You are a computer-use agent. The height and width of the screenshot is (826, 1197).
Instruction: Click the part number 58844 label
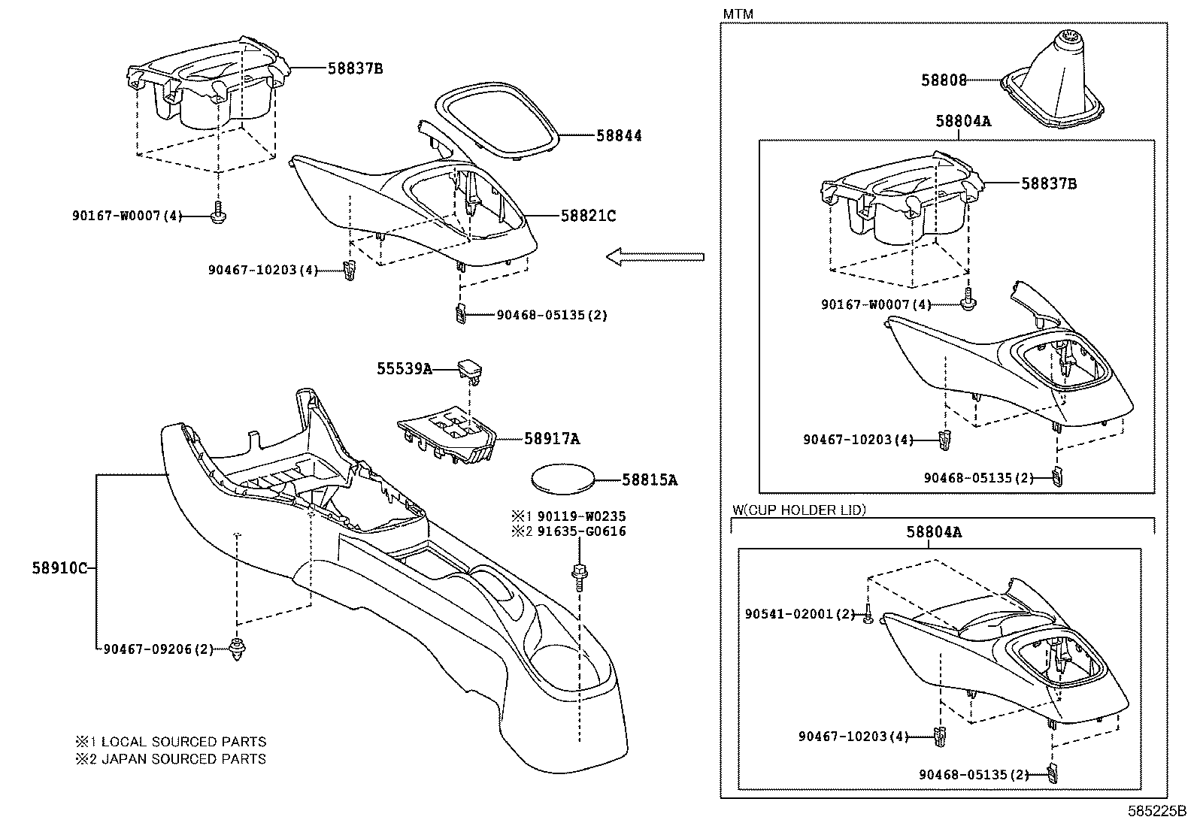pos(619,136)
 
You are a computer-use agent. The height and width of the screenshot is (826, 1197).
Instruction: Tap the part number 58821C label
pos(588,216)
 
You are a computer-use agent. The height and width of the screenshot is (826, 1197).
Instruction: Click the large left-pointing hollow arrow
pos(654,257)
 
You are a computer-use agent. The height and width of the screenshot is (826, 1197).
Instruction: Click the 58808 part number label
pos(944,80)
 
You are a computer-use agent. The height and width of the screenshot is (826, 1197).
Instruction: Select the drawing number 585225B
pos(1155,812)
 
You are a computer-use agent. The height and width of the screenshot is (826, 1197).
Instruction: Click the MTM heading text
pos(738,14)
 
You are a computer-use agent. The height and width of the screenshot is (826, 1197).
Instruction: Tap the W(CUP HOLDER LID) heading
pos(799,510)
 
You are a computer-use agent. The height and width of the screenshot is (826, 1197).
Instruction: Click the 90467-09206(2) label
pos(158,649)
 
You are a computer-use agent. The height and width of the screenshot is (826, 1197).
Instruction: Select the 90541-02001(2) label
pos(800,614)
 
